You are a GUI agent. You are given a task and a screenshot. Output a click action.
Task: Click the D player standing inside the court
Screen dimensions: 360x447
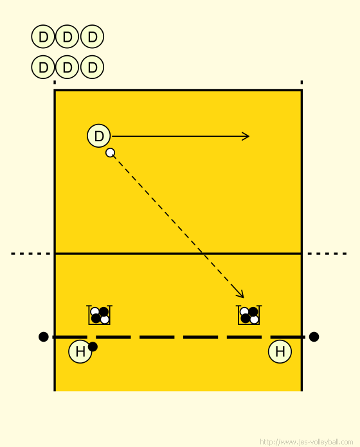click(99, 136)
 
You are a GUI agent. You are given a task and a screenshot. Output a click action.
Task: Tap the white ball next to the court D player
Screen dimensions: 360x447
click(110, 152)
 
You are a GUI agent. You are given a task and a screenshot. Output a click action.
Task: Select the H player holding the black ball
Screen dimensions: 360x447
click(80, 351)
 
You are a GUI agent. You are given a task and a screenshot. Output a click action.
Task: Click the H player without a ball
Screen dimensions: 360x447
click(280, 351)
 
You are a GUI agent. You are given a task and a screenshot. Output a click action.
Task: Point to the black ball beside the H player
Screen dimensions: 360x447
click(93, 347)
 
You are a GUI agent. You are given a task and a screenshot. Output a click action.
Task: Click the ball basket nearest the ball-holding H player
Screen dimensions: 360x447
click(99, 315)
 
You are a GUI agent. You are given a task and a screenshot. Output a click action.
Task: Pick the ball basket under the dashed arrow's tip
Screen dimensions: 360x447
click(249, 315)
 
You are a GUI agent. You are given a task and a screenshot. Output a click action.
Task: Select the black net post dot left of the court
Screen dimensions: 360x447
click(43, 337)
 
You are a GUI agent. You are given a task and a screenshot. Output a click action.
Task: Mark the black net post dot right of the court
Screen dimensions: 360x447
click(314, 337)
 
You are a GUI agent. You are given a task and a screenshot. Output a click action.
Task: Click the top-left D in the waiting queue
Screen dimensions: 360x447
click(43, 37)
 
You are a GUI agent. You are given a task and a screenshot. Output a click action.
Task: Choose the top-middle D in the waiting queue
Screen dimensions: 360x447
click(67, 37)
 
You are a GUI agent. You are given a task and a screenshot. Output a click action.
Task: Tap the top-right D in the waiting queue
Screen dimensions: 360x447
click(92, 37)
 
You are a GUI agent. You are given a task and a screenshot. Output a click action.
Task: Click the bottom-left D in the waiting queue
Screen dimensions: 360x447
click(43, 67)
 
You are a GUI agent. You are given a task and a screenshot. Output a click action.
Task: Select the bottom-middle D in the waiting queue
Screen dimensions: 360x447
click(67, 67)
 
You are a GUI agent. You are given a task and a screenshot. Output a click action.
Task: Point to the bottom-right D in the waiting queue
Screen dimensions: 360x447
click(92, 67)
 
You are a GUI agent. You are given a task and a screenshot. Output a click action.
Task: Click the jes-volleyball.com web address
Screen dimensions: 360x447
click(307, 442)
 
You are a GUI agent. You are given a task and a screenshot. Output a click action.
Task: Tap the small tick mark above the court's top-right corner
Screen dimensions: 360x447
click(301, 82)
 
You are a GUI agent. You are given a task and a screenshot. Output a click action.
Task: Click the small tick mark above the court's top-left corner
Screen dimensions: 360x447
click(55, 82)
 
